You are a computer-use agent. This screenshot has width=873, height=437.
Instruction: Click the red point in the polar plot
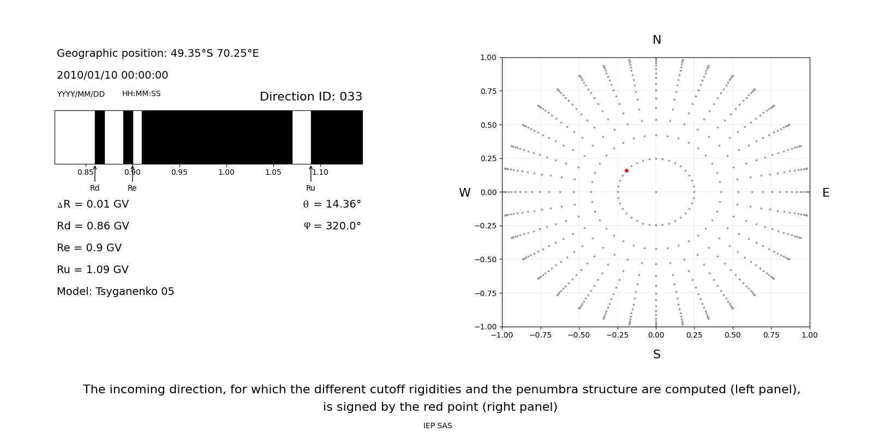(626, 171)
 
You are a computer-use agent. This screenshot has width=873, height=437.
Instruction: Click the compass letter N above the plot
(657, 40)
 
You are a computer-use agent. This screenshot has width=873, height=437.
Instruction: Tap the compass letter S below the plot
(657, 355)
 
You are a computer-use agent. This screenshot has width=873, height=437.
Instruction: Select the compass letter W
(464, 193)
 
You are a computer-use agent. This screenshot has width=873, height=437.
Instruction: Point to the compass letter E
(826, 193)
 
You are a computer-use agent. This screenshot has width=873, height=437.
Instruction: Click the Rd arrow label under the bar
(94, 188)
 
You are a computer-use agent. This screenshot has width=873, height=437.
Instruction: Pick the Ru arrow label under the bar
(310, 188)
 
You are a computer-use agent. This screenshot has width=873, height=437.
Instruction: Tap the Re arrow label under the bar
(132, 188)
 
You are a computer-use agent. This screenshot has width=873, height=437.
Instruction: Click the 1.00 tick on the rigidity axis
(226, 173)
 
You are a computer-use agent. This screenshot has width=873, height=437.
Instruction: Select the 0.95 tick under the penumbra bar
(179, 173)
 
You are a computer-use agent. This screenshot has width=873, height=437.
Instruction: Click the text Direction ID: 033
(311, 97)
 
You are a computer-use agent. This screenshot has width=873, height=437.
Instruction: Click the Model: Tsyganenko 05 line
(116, 292)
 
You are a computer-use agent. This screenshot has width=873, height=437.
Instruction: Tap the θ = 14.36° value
(332, 204)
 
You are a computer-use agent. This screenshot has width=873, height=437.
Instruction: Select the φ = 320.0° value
(332, 226)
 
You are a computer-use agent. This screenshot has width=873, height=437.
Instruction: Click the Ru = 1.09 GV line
(93, 270)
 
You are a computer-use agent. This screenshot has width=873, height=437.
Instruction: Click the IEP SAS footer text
(438, 426)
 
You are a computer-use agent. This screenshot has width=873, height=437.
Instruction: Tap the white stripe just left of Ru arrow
(301, 137)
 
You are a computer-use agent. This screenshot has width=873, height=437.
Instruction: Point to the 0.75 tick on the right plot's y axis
(488, 91)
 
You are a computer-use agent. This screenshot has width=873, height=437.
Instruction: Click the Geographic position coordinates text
(158, 54)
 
